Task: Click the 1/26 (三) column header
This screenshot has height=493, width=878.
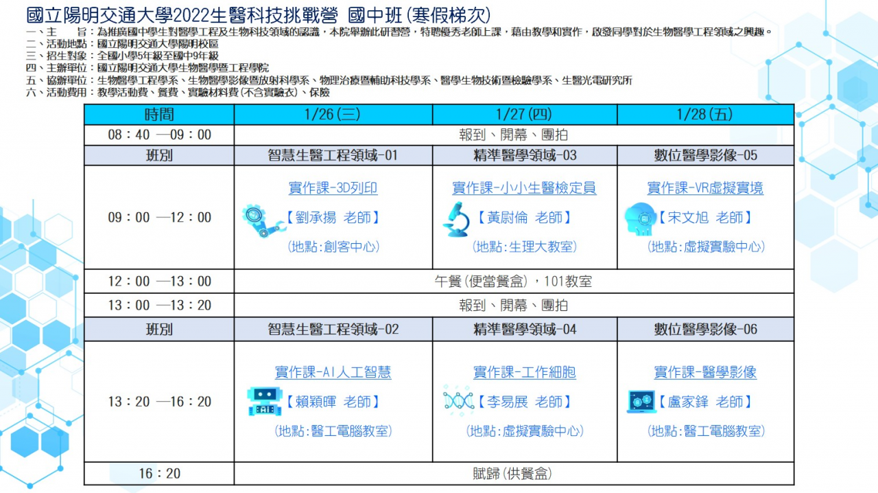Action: coord(333,115)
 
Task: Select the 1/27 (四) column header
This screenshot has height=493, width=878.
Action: coord(525,115)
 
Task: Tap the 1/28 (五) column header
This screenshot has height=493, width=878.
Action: coord(705,115)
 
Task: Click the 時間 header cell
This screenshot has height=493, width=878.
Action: coord(159,115)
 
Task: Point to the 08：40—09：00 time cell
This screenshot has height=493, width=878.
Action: coord(159,135)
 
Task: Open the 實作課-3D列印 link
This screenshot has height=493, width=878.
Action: coord(333,188)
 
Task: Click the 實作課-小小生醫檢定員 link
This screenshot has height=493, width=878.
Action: coord(524,188)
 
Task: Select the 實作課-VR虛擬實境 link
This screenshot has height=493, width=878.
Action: coord(705,188)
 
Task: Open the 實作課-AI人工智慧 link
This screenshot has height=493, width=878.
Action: coord(333,372)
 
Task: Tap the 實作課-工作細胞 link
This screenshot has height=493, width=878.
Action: coord(525,372)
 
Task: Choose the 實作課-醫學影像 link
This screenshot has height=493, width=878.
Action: coord(705,372)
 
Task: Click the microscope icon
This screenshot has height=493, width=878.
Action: coord(457,220)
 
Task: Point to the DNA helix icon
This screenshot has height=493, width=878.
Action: coord(458,401)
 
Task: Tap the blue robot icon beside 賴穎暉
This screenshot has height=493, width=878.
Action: coord(265,401)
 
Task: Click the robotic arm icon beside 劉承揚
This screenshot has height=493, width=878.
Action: coord(263,220)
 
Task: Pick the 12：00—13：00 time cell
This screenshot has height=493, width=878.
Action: coord(159,282)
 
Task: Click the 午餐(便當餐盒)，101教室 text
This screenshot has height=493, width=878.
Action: coord(513,282)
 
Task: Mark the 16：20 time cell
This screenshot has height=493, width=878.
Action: coord(159,474)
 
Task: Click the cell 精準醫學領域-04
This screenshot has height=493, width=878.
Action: coord(525,330)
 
